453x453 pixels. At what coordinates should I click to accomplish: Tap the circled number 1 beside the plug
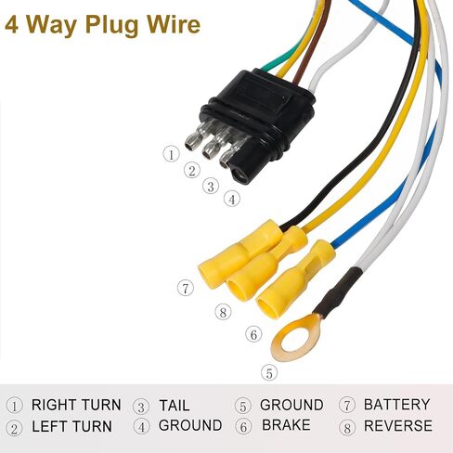point(171,154)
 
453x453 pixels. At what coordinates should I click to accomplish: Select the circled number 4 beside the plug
point(232,199)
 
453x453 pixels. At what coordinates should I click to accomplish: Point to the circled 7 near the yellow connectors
point(186,288)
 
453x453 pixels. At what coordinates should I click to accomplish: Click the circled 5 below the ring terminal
point(269,373)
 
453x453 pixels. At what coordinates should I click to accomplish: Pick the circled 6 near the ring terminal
point(253,334)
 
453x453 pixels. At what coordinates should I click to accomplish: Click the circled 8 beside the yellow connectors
point(223,312)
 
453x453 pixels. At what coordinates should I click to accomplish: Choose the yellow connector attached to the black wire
point(239,253)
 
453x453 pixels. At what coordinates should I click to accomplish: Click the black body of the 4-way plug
point(257,119)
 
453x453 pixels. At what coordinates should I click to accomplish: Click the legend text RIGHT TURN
point(76,405)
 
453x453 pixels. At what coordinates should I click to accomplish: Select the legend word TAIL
point(175,406)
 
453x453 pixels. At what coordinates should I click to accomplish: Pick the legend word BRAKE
point(286,425)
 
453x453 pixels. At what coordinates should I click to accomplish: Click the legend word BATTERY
point(397,405)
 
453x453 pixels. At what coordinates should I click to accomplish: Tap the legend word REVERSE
point(398,426)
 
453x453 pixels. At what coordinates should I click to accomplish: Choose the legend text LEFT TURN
point(71,427)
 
